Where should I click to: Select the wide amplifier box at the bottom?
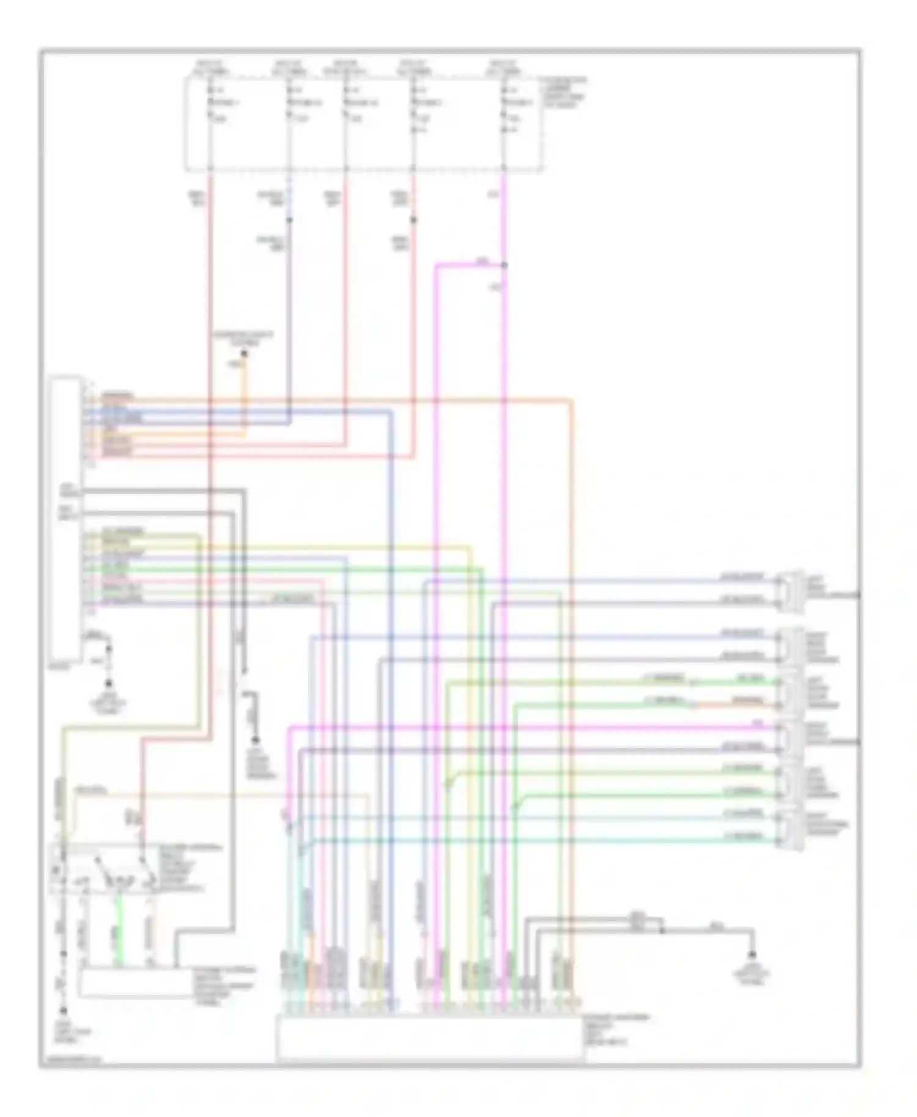click(429, 1036)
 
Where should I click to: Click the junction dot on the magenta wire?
click(504, 265)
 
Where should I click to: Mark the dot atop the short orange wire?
click(244, 354)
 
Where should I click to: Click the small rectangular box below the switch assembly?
click(134, 983)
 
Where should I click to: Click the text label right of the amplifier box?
click(615, 1030)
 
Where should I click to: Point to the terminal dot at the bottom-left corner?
click(63, 1011)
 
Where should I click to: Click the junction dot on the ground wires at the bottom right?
click(662, 931)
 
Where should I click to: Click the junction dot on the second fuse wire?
click(290, 219)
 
